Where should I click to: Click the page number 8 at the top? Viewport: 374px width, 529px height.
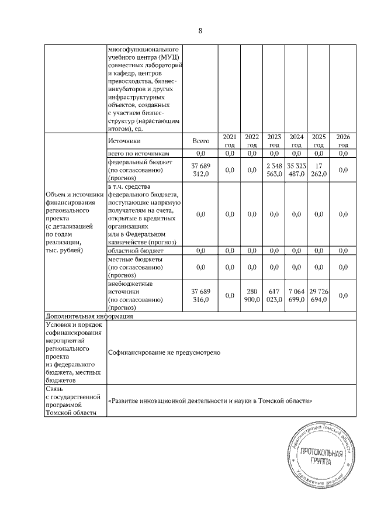(200, 31)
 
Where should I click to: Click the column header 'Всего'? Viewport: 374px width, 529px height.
(200, 141)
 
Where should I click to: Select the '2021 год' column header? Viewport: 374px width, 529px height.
(230, 141)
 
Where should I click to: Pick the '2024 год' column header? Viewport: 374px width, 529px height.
(296, 141)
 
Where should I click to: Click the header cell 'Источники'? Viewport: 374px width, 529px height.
(124, 141)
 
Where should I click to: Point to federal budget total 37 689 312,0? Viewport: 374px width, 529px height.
(200, 170)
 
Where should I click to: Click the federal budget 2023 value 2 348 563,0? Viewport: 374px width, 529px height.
(274, 170)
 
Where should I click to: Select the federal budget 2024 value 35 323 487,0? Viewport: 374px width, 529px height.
(296, 170)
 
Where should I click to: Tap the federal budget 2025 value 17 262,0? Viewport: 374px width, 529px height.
(318, 170)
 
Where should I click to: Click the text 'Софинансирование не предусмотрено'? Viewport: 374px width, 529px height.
(164, 352)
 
